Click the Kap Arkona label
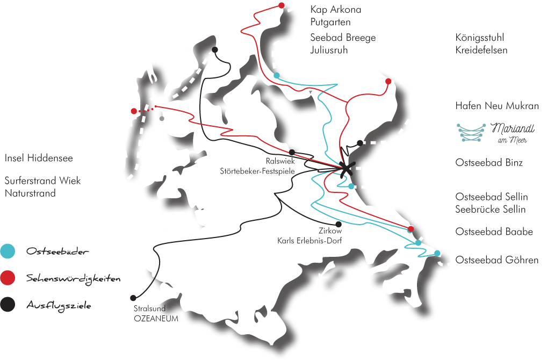[x=336, y=10]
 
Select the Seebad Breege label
[x=343, y=38]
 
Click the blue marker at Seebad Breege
[x=276, y=75]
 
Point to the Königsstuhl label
[x=479, y=38]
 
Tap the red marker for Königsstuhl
[x=388, y=81]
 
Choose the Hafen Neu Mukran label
[x=496, y=106]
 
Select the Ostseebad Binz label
[x=488, y=162]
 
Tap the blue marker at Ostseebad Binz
[x=351, y=186]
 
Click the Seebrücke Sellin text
[x=490, y=210]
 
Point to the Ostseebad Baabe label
[x=494, y=232]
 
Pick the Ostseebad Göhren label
[x=496, y=260]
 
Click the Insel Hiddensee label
[x=39, y=159]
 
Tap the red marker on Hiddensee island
[x=134, y=111]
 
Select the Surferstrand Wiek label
[x=42, y=181]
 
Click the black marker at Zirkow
[x=338, y=224]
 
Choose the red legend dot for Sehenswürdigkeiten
[x=7, y=278]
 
